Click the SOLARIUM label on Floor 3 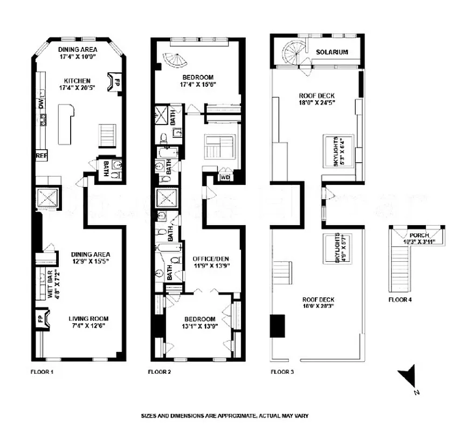tap(332, 52)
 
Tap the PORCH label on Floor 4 tap(418, 235)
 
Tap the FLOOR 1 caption tap(42, 372)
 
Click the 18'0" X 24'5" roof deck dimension tap(317, 105)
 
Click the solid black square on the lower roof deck tap(278, 324)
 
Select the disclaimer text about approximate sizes tap(224, 416)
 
